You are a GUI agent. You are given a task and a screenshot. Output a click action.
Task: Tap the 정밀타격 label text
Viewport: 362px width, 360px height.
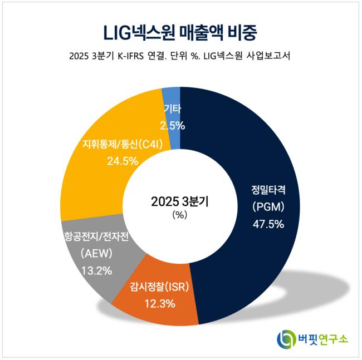[268, 189]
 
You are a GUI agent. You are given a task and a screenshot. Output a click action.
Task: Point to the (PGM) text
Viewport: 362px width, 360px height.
[268, 207]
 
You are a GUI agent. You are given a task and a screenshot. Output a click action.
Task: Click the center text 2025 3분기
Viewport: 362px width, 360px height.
[180, 201]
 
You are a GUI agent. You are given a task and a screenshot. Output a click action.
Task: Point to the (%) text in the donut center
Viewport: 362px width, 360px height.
[180, 215]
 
